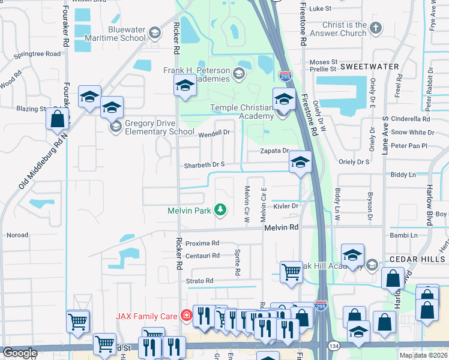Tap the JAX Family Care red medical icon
[x=187, y=315]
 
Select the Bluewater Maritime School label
[x=127, y=34]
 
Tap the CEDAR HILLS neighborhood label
[x=418, y=259]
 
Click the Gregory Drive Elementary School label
[x=159, y=128]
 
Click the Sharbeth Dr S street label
[x=204, y=164]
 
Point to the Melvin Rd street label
[x=281, y=227]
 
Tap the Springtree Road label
[x=37, y=53]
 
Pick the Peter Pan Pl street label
[x=408, y=145]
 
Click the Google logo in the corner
[x=20, y=353]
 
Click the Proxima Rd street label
[x=202, y=243]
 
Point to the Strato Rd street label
[x=199, y=280]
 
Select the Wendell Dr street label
[x=214, y=132]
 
